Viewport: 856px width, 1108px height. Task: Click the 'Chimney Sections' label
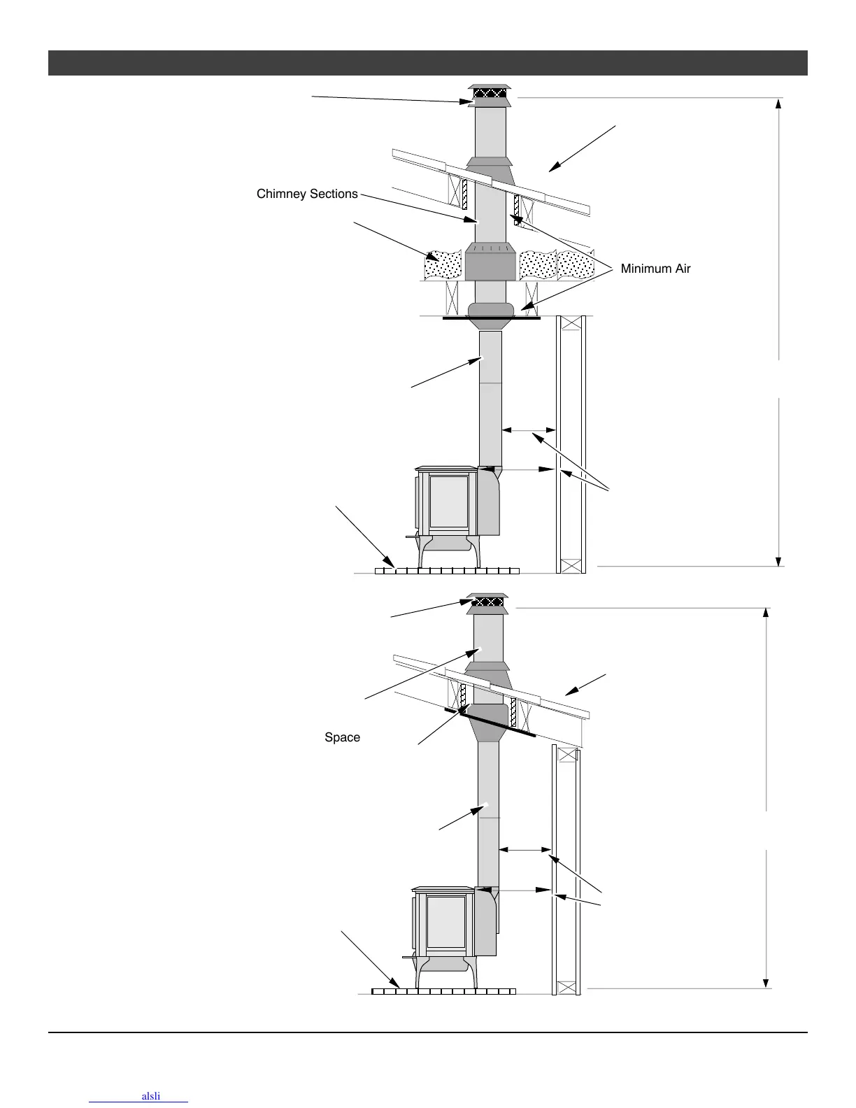307,194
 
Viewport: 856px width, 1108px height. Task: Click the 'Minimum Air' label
655,269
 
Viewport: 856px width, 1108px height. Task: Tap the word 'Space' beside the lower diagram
342,737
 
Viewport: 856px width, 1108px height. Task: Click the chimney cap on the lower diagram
487,602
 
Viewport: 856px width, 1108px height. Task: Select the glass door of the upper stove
448,501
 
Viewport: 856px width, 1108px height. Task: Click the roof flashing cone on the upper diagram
490,171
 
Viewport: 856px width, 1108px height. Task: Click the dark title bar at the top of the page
427,63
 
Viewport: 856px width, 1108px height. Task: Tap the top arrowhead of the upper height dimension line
778,104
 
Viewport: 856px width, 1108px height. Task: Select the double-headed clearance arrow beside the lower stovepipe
525,850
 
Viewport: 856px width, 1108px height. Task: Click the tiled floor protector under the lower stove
443,991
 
